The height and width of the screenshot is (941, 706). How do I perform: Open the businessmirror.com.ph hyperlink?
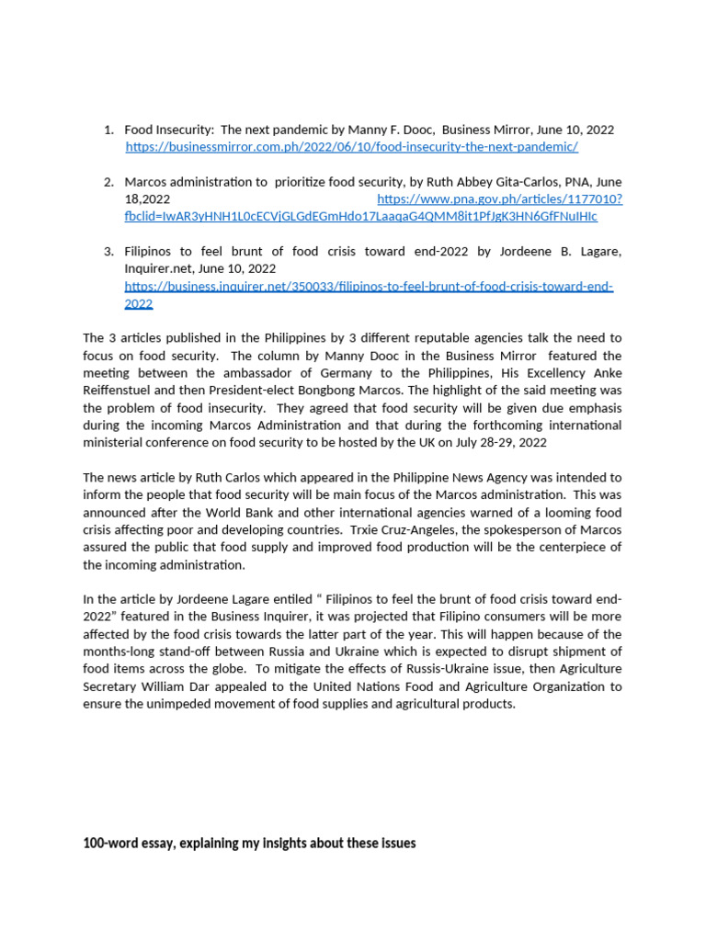[x=351, y=147]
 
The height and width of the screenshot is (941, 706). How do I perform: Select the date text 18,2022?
[x=147, y=198]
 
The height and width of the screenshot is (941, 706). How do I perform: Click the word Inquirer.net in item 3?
[x=155, y=268]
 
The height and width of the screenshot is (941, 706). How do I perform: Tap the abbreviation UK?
[x=460, y=443]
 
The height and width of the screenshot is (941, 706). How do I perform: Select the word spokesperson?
[x=510, y=530]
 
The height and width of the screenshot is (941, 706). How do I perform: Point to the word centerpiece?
[x=557, y=548]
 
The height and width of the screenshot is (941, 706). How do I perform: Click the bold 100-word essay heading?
[x=249, y=843]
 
